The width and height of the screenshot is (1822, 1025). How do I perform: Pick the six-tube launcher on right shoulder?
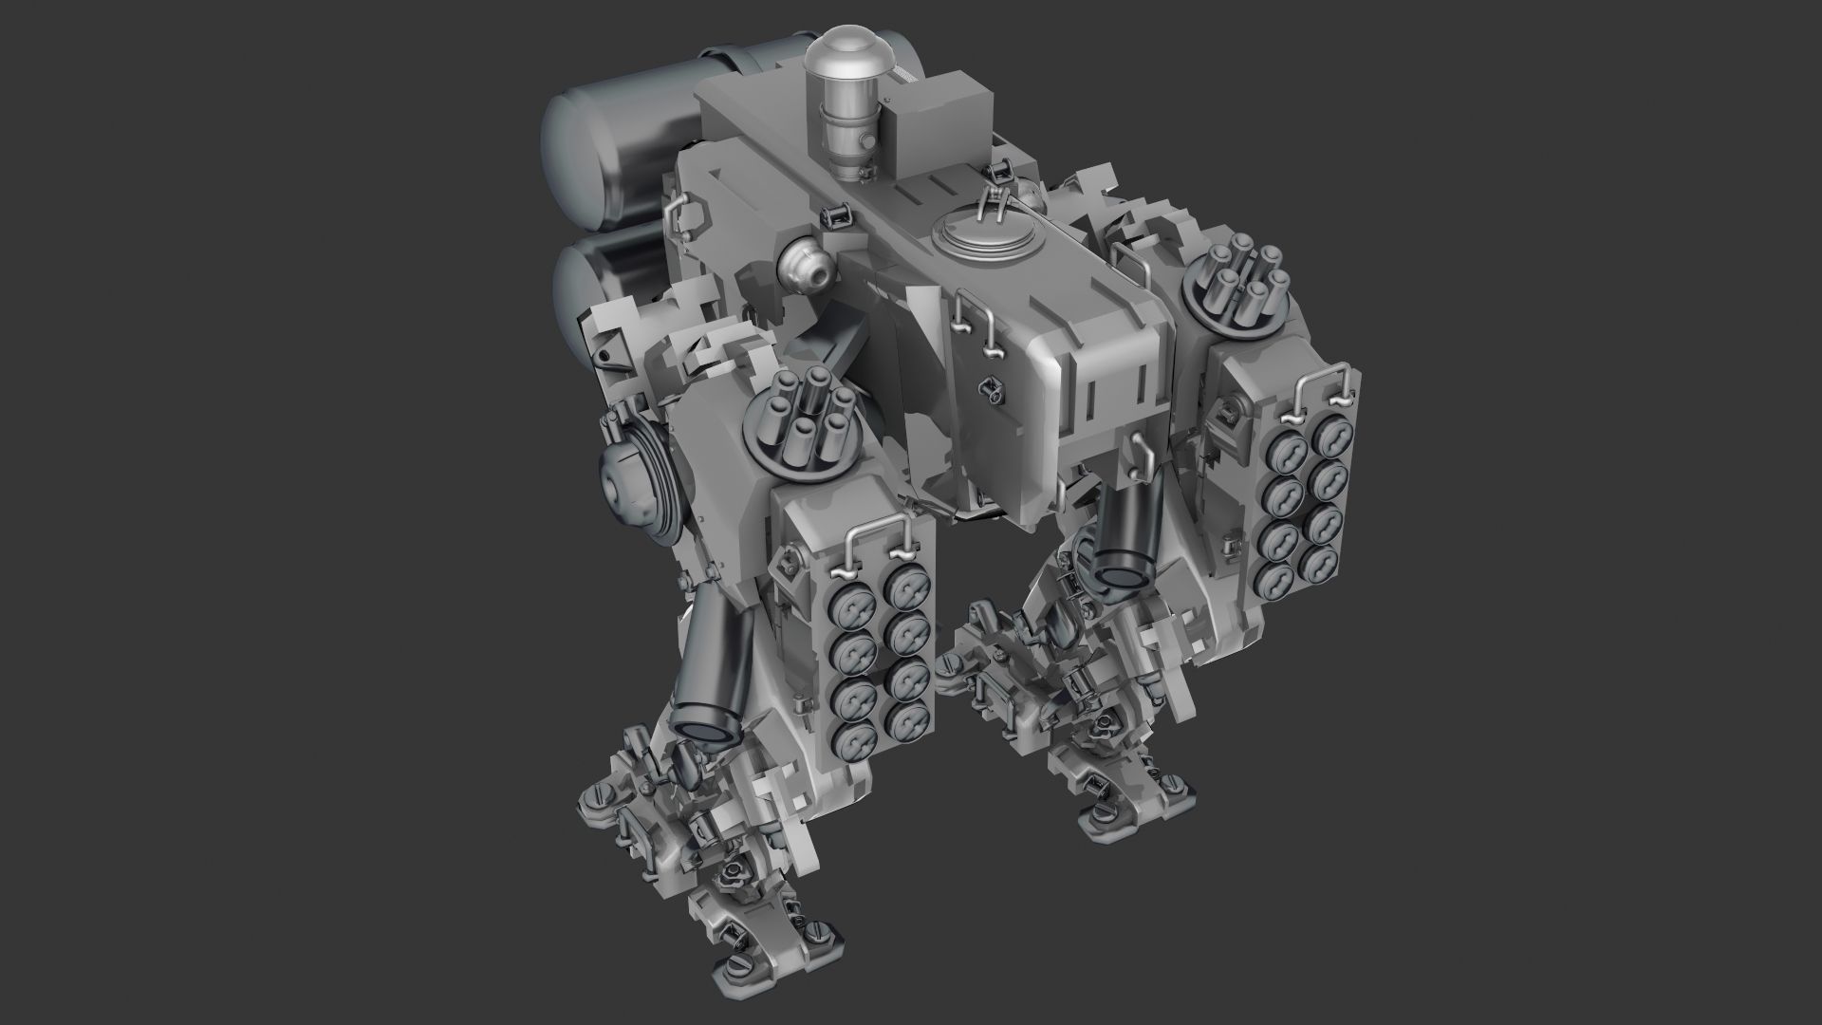(1238, 289)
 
